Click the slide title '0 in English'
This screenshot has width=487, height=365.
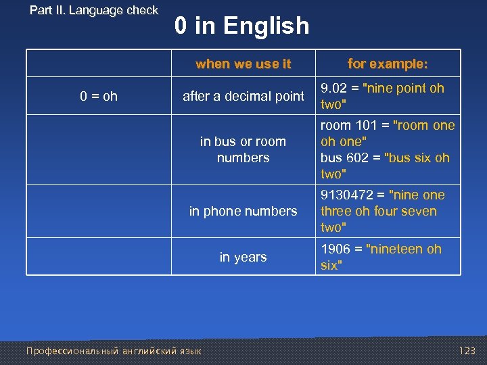(x=241, y=26)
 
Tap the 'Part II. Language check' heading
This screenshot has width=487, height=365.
(x=94, y=10)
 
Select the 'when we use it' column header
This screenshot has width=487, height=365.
(x=243, y=64)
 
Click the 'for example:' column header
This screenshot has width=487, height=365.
(x=388, y=64)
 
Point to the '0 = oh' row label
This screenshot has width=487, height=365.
(x=99, y=96)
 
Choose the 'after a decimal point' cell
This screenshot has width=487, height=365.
(x=243, y=96)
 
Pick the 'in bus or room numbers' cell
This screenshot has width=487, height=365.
(x=243, y=149)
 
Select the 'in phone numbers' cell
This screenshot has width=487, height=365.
(x=243, y=211)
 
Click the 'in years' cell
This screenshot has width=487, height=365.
(x=243, y=257)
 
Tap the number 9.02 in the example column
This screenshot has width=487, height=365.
(x=335, y=88)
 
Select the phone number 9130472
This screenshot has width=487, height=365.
(x=348, y=195)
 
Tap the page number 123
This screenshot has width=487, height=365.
(x=467, y=351)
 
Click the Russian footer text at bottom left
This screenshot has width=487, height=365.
(x=113, y=351)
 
